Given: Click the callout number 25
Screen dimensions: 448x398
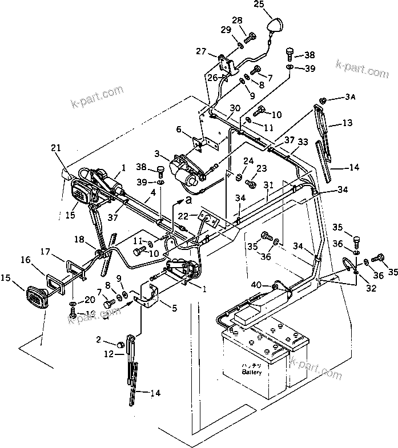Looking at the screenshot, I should click(x=275, y=5).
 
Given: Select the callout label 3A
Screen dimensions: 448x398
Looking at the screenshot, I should click(x=349, y=98).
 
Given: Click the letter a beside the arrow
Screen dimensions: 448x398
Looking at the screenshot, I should click(x=188, y=199).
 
